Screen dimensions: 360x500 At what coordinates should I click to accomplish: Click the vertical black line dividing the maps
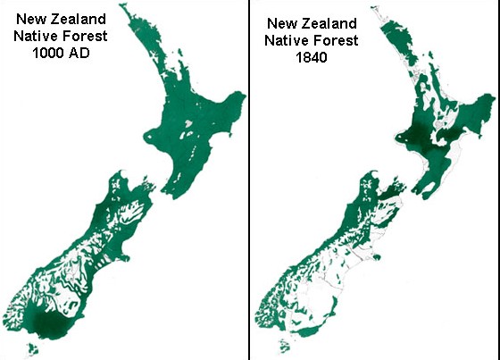click(248, 179)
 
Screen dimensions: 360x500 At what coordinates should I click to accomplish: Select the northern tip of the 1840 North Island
click(383, 19)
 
